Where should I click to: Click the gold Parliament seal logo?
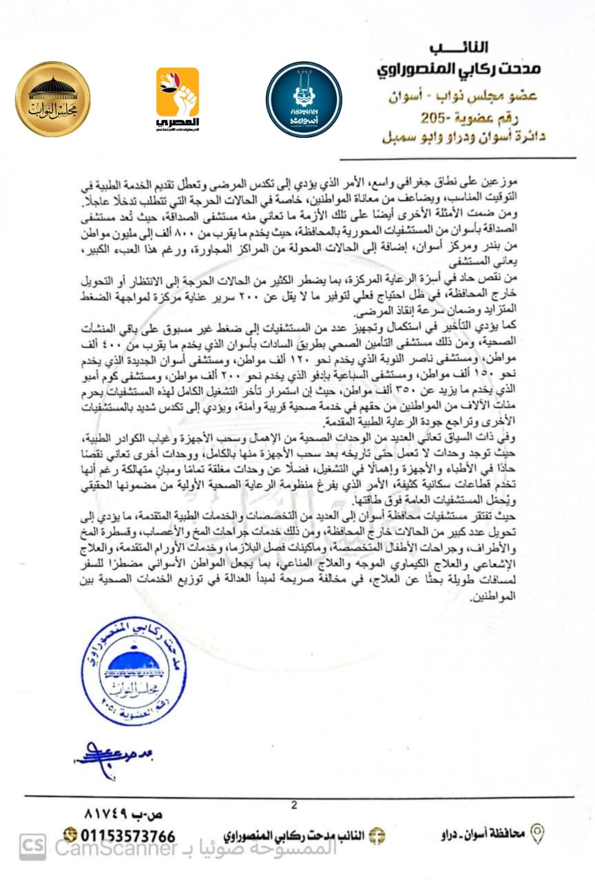pyautogui.click(x=53, y=99)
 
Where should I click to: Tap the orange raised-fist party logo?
pyautogui.click(x=178, y=99)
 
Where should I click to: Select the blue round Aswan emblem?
pyautogui.click(x=304, y=99)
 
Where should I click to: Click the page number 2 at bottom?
pyautogui.click(x=294, y=804)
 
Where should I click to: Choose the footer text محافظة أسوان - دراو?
pyautogui.click(x=483, y=834)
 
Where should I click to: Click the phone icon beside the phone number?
pyautogui.click(x=70, y=836)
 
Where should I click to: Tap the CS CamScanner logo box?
pyautogui.click(x=32, y=848)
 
